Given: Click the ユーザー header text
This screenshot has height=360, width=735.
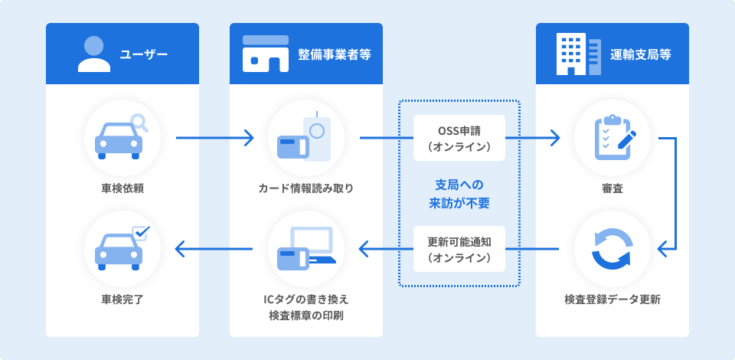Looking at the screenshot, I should point(144,54).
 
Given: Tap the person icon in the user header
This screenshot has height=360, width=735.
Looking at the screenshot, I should point(94,54).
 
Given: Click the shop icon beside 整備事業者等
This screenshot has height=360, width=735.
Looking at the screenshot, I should point(265,54).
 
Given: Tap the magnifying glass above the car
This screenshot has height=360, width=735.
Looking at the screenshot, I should point(139,122).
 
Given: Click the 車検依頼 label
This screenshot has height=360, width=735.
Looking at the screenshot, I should point(122,188).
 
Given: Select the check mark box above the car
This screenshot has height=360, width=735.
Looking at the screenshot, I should point(141,231).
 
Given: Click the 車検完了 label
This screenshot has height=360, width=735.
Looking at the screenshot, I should point(122,299).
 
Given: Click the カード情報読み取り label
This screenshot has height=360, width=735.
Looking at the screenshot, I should point(306,188).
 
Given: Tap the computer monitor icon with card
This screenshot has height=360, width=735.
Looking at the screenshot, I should point(306,249).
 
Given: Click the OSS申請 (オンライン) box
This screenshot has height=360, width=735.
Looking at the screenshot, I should point(459,138).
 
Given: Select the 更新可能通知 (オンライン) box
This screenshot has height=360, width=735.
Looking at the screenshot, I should point(459,249).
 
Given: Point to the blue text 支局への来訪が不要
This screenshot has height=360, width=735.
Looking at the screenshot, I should point(459,194).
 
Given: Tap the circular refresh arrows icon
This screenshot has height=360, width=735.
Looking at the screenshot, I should point(612,249).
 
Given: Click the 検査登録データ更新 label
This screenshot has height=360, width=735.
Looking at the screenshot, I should point(612,299).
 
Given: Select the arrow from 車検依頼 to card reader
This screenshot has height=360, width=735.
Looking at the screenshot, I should point(214,139).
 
